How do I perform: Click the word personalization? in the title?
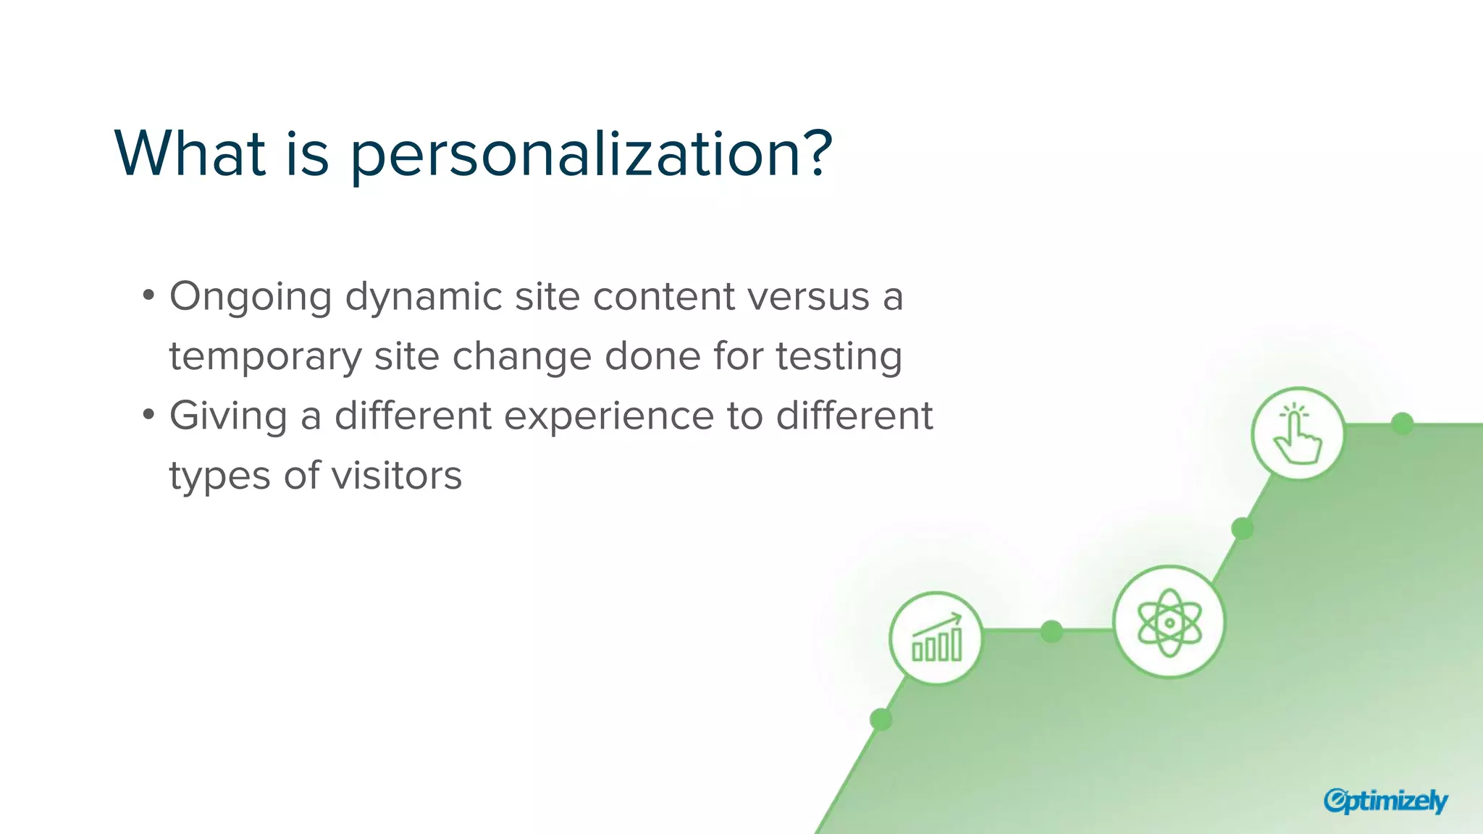[x=591, y=156]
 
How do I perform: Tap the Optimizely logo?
[x=1385, y=801]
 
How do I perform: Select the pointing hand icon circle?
[x=1298, y=434]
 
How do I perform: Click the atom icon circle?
[x=1169, y=622]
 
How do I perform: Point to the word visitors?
[x=396, y=476]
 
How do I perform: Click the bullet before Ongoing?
[x=148, y=295]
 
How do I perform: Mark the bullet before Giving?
[x=148, y=415]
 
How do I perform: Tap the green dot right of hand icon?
[x=1403, y=424]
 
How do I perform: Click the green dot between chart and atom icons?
[x=1051, y=631]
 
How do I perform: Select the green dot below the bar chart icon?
[x=881, y=720]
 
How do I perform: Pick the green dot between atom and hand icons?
[x=1243, y=528]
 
